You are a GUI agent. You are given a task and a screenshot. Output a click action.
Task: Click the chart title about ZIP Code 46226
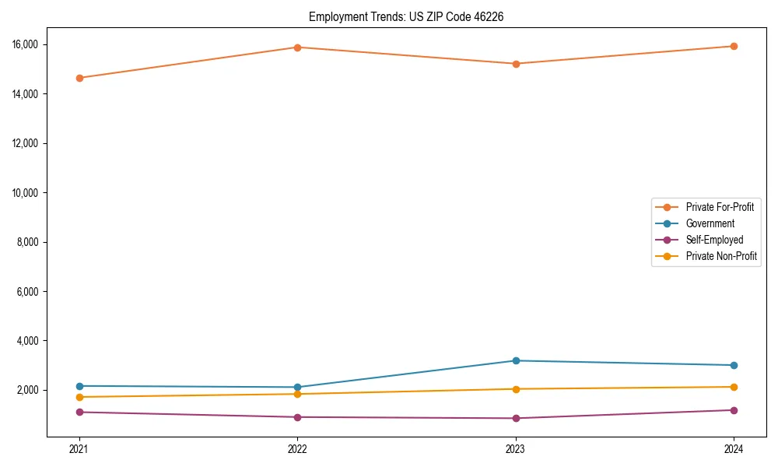(x=406, y=16)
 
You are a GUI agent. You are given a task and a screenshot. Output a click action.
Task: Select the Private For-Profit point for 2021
(x=79, y=78)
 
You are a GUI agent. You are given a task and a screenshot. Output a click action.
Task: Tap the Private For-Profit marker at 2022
(x=297, y=47)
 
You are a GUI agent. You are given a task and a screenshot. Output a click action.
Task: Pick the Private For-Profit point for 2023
(x=515, y=64)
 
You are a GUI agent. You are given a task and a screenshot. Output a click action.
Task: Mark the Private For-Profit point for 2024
(x=734, y=46)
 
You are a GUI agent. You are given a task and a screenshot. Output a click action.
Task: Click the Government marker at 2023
(x=515, y=360)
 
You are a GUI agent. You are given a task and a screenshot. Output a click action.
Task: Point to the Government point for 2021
(x=79, y=386)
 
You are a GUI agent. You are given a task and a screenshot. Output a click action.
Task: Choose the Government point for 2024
(x=734, y=365)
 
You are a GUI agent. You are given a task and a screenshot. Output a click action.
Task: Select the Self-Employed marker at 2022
(x=297, y=417)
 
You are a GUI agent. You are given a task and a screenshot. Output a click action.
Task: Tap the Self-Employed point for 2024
(x=734, y=410)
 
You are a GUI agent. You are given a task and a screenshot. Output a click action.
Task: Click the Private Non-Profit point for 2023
(x=515, y=389)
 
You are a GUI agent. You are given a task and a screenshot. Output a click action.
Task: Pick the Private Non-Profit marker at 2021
(x=79, y=397)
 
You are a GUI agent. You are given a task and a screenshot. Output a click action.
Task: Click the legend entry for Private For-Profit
(x=720, y=207)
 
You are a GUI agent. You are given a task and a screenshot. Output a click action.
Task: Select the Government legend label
(x=710, y=223)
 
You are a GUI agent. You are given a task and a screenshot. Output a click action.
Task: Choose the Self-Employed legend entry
(x=714, y=240)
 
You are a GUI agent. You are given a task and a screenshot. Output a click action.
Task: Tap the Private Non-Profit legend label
(x=721, y=256)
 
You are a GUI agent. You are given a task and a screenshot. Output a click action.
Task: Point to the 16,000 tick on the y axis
(x=26, y=44)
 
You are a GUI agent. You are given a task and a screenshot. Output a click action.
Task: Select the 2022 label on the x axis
(x=297, y=448)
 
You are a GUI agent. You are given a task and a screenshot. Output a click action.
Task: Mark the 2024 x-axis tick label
(x=734, y=448)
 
